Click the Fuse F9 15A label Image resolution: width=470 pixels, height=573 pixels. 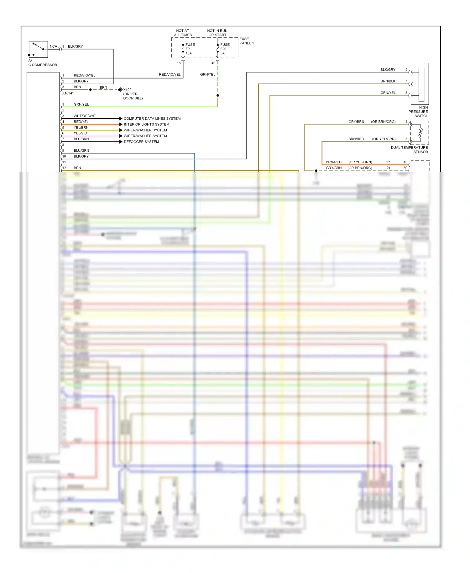(190, 49)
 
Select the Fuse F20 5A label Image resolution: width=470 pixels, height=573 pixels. (225, 49)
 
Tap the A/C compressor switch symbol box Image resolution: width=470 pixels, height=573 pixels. (38, 49)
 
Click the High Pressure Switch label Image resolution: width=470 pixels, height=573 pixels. (418, 112)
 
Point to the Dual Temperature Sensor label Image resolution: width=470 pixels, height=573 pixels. (410, 150)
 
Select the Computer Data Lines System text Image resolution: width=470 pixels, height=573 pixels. (152, 118)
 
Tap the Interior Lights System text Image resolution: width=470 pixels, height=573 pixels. (146, 124)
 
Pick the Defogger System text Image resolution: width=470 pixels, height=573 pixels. (141, 142)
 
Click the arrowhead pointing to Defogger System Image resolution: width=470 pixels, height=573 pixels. (121, 142)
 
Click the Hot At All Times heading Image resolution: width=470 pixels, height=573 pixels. (183, 33)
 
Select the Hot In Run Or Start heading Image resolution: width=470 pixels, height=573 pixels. (217, 33)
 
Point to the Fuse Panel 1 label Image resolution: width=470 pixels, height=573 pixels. (247, 41)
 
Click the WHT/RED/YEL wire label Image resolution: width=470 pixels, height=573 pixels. (86, 116)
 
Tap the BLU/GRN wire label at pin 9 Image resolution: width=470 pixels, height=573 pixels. (81, 150)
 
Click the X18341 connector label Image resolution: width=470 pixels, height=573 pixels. (68, 93)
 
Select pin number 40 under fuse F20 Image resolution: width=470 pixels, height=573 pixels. (213, 63)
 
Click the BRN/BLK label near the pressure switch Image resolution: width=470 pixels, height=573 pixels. (388, 81)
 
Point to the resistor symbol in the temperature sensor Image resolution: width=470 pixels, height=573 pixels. (420, 133)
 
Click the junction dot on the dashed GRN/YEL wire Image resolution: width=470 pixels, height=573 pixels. (218, 95)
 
